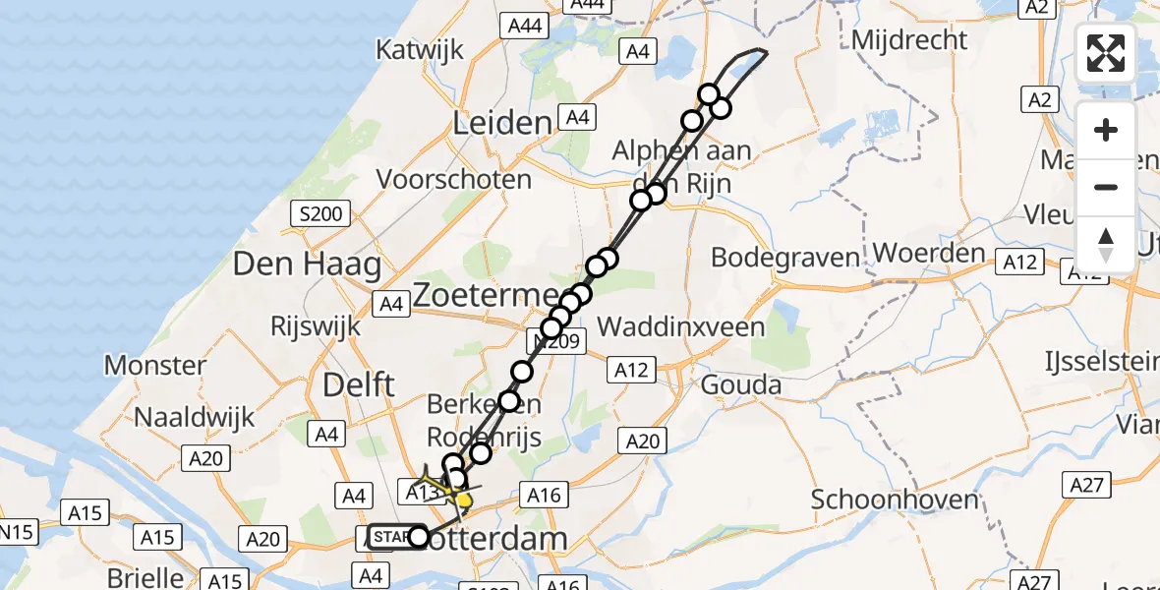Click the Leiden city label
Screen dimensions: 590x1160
501,123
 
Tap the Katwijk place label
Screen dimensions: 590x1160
420,50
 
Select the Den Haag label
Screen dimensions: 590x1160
307,265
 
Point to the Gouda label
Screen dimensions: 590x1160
740,384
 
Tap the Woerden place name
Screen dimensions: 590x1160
928,253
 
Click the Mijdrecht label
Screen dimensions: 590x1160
909,40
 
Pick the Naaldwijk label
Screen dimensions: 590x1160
195,417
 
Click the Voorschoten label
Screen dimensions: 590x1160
453,180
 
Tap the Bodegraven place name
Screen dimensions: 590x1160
784,258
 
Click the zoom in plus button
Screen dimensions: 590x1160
1106,131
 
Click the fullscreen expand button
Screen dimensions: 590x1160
1106,53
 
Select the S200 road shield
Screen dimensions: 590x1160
320,213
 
